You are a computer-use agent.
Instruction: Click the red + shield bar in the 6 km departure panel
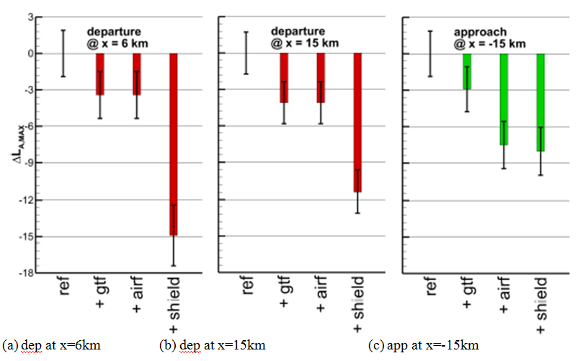click(174, 144)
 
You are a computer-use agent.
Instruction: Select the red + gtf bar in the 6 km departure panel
click(100, 73)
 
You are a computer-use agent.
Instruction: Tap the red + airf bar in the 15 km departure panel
click(321, 77)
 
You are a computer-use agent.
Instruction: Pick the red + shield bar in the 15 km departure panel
click(357, 122)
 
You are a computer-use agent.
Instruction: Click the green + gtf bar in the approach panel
click(467, 71)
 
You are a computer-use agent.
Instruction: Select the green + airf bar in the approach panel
click(504, 99)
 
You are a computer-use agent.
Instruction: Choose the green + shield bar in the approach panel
click(540, 102)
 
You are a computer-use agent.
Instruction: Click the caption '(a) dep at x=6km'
click(51, 344)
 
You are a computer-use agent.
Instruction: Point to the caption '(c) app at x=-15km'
click(423, 344)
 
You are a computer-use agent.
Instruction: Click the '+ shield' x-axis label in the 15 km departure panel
click(358, 303)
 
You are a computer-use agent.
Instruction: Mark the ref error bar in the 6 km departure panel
click(63, 53)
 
